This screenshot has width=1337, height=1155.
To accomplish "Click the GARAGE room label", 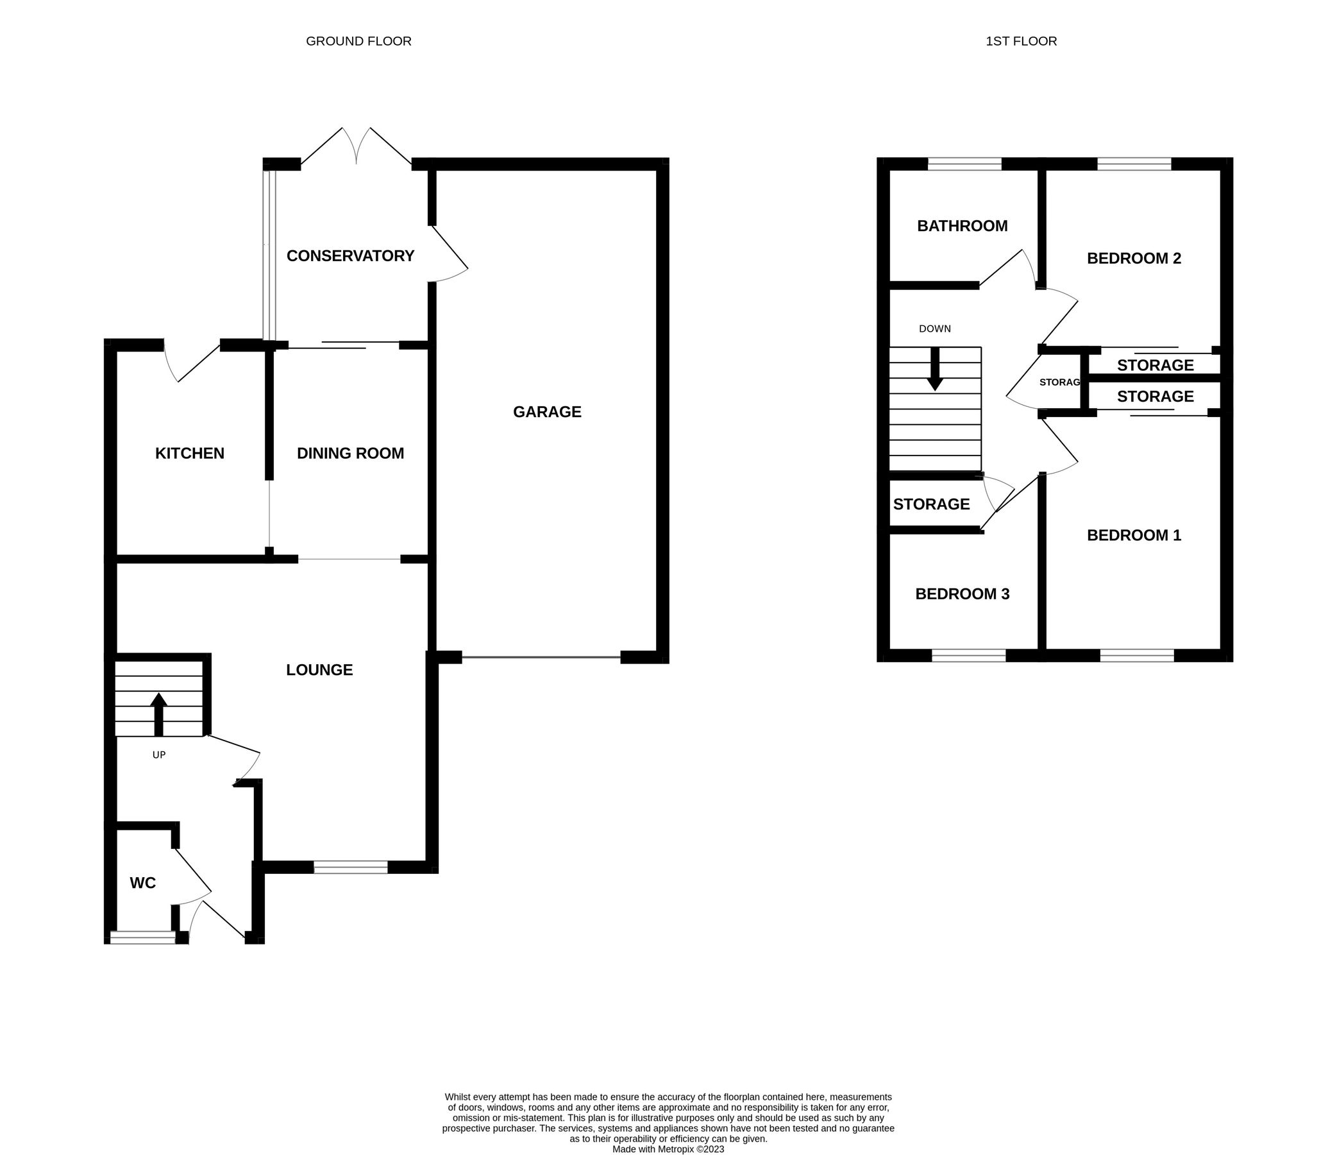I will pos(546,411).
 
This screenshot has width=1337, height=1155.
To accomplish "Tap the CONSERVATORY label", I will pos(349,255).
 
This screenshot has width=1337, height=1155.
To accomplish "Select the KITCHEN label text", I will pos(190,453).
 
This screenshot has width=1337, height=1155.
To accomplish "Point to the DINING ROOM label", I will pos(349,453).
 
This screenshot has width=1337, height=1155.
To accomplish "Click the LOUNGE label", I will pos(319,669).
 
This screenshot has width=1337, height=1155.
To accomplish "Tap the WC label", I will pos(142,882).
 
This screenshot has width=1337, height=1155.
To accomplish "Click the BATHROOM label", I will pos(961,226).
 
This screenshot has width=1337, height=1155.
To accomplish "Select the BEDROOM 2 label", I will pos(1134,258).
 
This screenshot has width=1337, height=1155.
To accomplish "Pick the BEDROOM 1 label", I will pos(1134,535).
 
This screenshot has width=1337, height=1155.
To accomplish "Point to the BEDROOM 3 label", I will pos(961,594).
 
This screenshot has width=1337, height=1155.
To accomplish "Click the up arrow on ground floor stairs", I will pos(159,714).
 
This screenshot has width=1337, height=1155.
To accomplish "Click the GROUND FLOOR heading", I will pos(358,41).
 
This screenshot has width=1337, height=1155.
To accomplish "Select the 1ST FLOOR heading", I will pos(1021,41).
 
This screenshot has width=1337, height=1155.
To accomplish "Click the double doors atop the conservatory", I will pos(356,146).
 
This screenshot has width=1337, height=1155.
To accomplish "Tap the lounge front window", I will pos(350,867).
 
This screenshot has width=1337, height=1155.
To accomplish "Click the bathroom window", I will pos(964,164).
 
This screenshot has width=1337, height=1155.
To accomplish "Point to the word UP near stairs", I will pos(159,755).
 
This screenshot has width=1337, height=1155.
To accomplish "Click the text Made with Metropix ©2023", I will pos(668,1149).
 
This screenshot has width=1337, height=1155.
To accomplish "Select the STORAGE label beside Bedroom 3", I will pos(931,504).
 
